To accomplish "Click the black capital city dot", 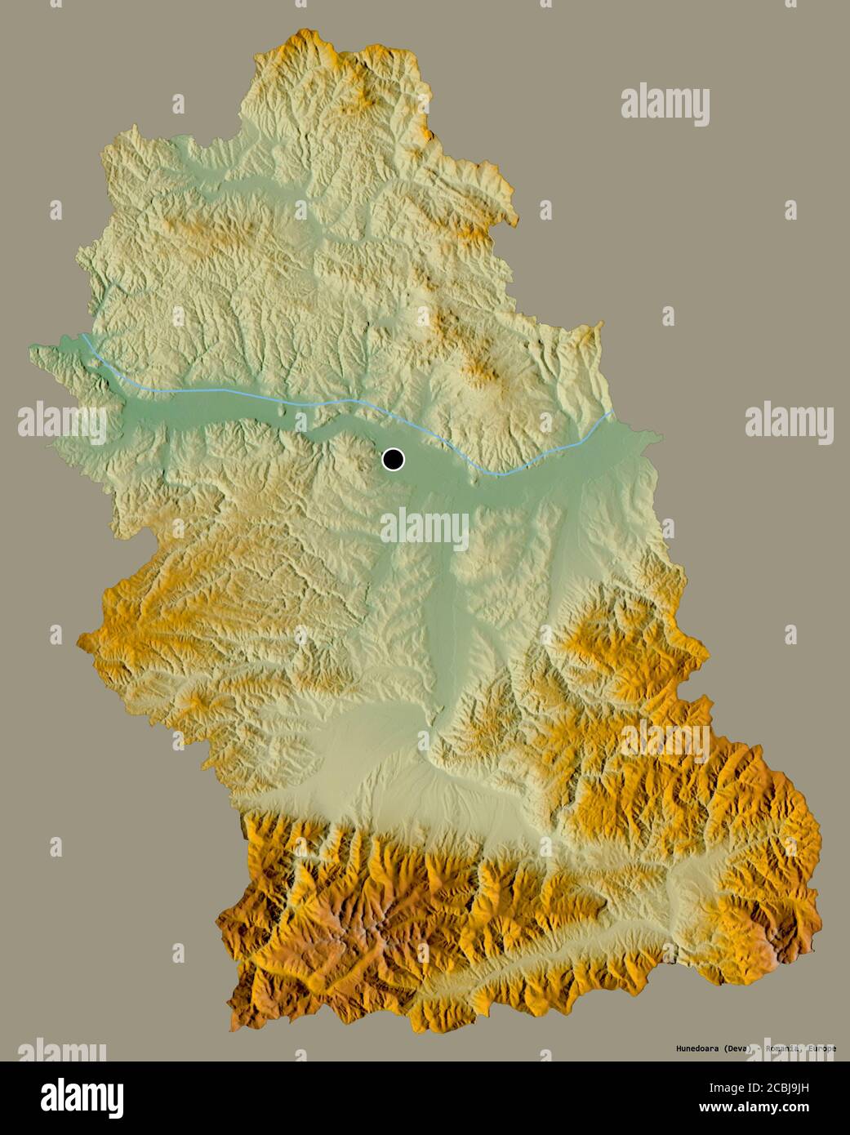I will click(393, 460).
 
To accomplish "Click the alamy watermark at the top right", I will click(665, 105).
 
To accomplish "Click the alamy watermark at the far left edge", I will click(62, 423).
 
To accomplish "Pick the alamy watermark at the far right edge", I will click(789, 423).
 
